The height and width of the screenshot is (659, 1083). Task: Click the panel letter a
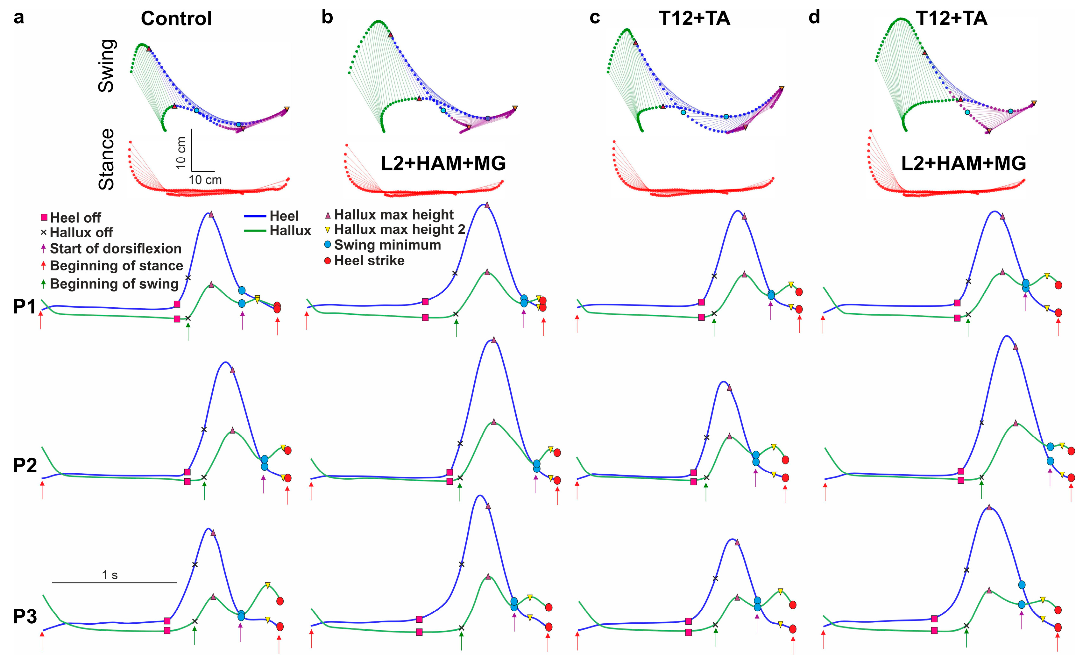(18, 18)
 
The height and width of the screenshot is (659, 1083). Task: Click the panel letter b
(327, 18)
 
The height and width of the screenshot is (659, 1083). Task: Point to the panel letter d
(814, 18)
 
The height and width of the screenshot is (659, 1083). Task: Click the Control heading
(176, 19)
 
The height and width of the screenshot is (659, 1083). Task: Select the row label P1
(25, 307)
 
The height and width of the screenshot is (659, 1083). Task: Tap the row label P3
(25, 617)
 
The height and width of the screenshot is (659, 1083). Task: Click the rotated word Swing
(107, 66)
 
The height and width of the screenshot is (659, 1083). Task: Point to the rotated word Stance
(107, 159)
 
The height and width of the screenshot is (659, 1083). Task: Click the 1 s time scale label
(110, 575)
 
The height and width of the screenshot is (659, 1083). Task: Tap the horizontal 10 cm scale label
(205, 180)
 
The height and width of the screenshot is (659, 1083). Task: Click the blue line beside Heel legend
(255, 216)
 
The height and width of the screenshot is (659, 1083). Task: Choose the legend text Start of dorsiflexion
(116, 249)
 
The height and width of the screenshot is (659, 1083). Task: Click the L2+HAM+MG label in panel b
(443, 163)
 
